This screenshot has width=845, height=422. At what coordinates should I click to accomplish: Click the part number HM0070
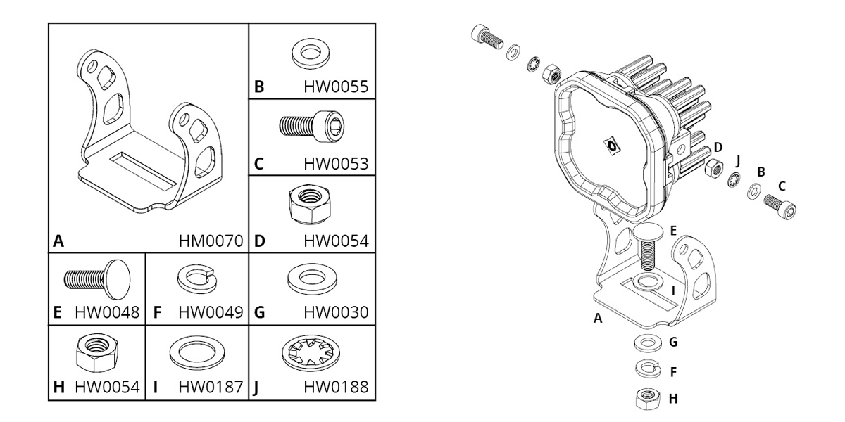coord(211,241)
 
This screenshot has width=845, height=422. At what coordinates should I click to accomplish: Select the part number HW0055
coord(336,87)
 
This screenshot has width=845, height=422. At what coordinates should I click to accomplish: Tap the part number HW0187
coord(211,387)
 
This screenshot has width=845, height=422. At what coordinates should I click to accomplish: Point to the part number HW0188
coord(336,387)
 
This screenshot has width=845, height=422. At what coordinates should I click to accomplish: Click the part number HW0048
coord(107,312)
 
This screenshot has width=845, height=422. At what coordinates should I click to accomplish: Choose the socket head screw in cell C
coord(312,126)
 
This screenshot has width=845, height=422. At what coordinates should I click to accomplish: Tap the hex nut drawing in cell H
coord(97,352)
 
